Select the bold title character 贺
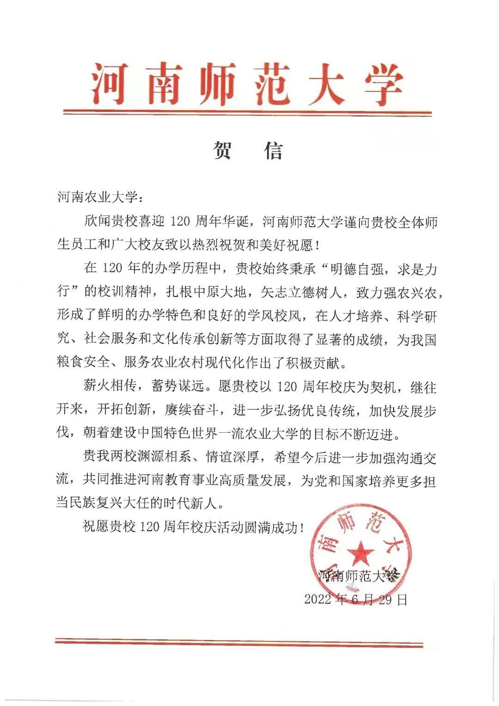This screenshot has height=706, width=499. click(222, 150)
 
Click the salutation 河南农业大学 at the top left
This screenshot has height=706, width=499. click(97, 197)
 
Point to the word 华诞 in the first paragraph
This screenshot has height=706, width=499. click(237, 221)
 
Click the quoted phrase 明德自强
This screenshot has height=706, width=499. click(350, 269)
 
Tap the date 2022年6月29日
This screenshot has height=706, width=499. click(356, 600)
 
